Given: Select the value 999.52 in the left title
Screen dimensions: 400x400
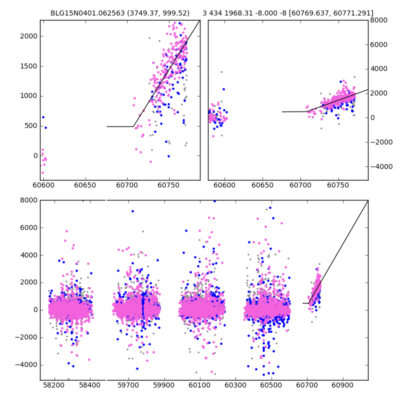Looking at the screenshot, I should [x=175, y=13].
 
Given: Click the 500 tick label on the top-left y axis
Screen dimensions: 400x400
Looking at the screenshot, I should [x=31, y=126].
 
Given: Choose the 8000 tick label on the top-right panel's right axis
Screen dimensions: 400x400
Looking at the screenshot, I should [x=378, y=20].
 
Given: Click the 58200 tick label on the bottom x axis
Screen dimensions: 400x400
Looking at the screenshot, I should [x=53, y=386].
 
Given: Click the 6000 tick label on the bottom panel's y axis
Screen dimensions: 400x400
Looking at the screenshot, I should [x=29, y=227].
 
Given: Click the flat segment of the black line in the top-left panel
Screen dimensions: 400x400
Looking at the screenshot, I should [x=120, y=126].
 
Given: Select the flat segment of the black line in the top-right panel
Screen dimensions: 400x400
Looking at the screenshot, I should [x=294, y=111].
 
